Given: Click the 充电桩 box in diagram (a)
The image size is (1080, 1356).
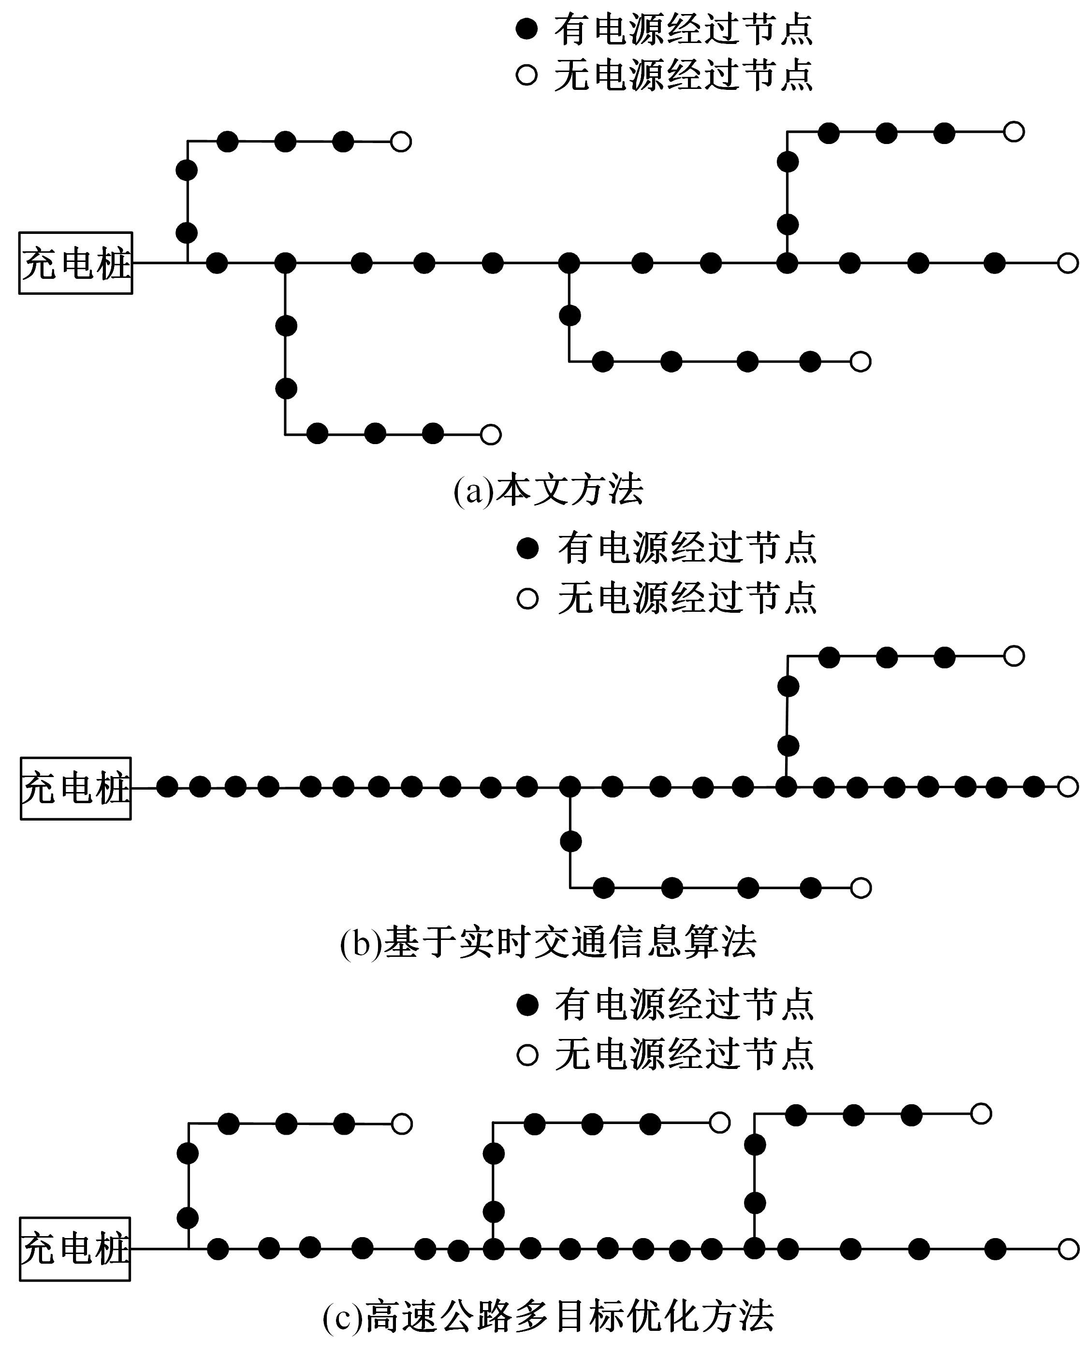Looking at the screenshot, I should [x=75, y=263].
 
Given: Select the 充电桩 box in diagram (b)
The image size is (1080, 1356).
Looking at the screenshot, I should [x=75, y=788].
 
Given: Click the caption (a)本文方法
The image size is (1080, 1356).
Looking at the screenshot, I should [x=548, y=491].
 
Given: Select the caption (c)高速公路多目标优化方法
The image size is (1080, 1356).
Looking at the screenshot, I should [x=548, y=1316].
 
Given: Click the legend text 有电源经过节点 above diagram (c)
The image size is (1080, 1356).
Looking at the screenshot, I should [x=685, y=1004].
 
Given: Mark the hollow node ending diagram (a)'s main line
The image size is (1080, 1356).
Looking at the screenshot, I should [x=1067, y=263].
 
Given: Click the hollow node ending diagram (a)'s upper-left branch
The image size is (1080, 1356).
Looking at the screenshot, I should [x=401, y=142].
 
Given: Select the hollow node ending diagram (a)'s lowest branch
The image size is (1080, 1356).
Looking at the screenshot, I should [x=490, y=434].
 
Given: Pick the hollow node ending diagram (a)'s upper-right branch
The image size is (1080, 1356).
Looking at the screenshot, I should [x=1013, y=132].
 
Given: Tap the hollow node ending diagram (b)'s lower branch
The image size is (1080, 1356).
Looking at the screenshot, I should [x=861, y=888].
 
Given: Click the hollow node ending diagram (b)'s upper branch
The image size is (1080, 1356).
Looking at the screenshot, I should [x=1013, y=656].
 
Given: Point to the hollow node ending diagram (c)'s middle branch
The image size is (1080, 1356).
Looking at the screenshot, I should [x=719, y=1122].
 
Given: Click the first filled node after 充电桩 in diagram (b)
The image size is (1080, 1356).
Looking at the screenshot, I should [x=167, y=787].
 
